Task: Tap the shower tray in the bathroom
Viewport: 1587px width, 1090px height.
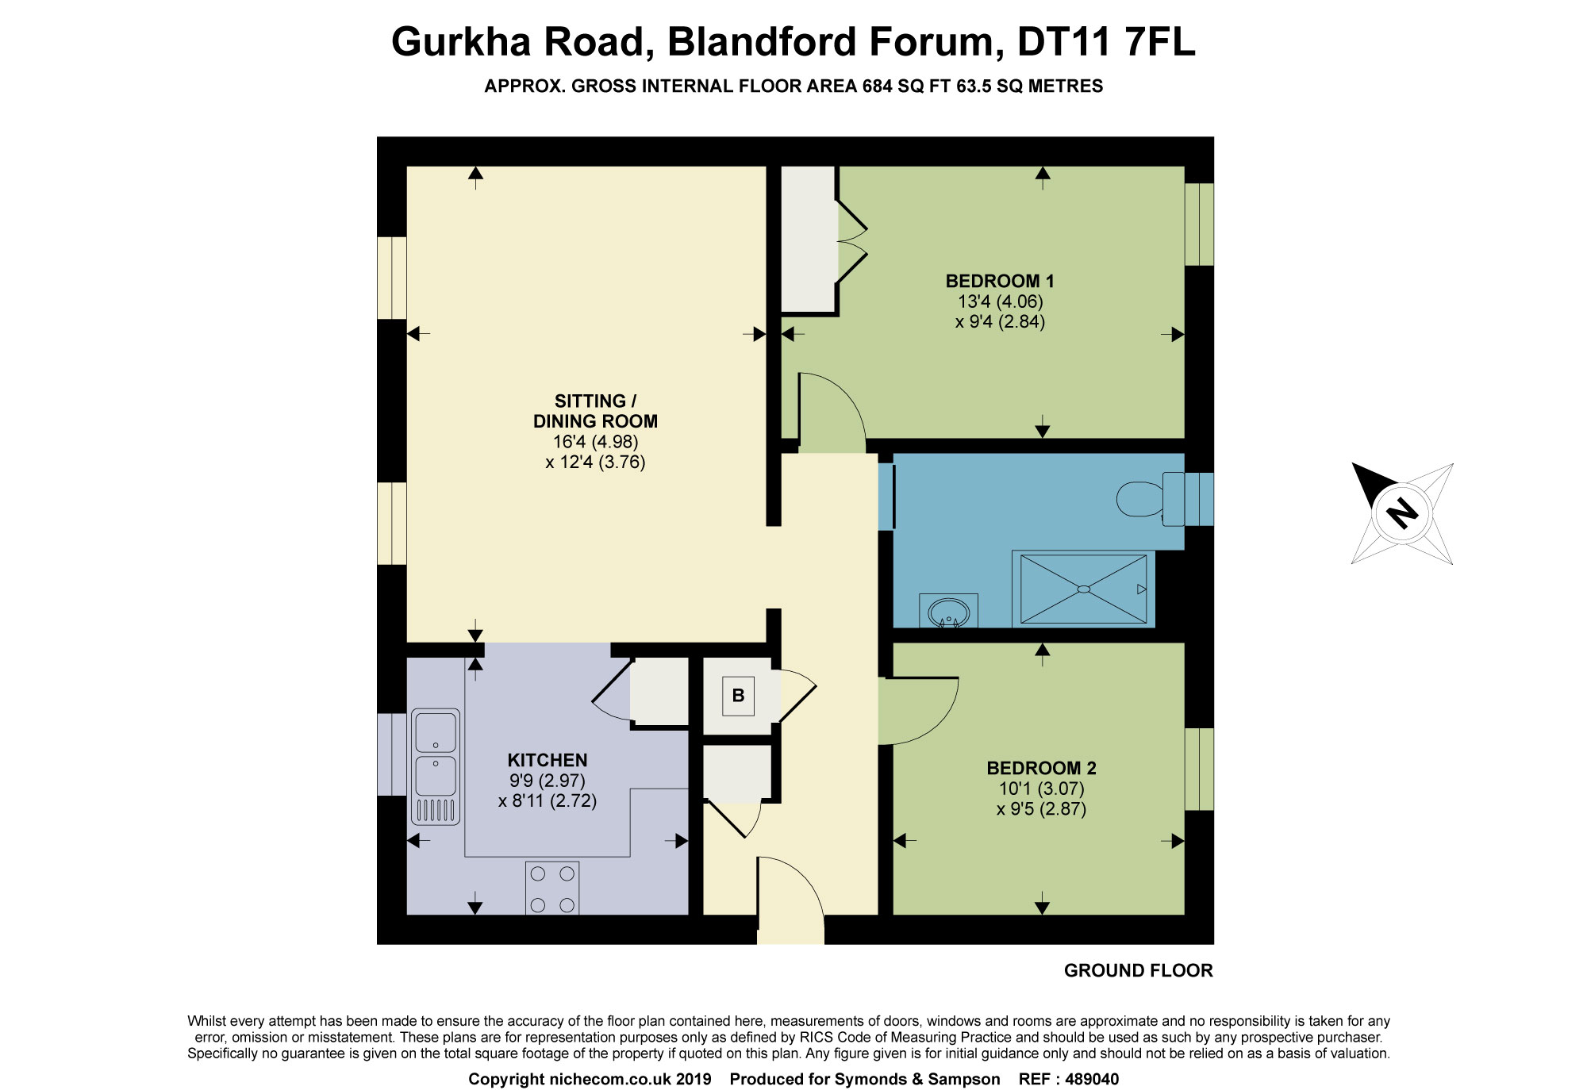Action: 1083,589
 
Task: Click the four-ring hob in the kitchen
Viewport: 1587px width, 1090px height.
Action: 552,889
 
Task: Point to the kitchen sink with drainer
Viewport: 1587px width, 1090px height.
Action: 436,766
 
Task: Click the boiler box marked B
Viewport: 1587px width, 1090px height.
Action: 738,696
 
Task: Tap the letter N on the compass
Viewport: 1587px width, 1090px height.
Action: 1402,512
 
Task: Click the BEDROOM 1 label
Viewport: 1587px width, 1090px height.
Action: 1000,281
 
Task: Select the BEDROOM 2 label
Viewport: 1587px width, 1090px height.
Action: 1041,768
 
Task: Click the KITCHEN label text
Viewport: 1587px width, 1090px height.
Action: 548,760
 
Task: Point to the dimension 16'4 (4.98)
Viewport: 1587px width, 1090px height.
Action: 595,442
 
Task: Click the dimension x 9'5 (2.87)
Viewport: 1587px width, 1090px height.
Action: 1041,809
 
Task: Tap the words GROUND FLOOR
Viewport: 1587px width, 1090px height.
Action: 1138,971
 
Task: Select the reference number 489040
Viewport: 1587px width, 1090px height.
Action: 1092,1079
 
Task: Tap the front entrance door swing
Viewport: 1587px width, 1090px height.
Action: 790,892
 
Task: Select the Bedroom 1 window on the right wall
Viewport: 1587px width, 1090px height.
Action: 1199,225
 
